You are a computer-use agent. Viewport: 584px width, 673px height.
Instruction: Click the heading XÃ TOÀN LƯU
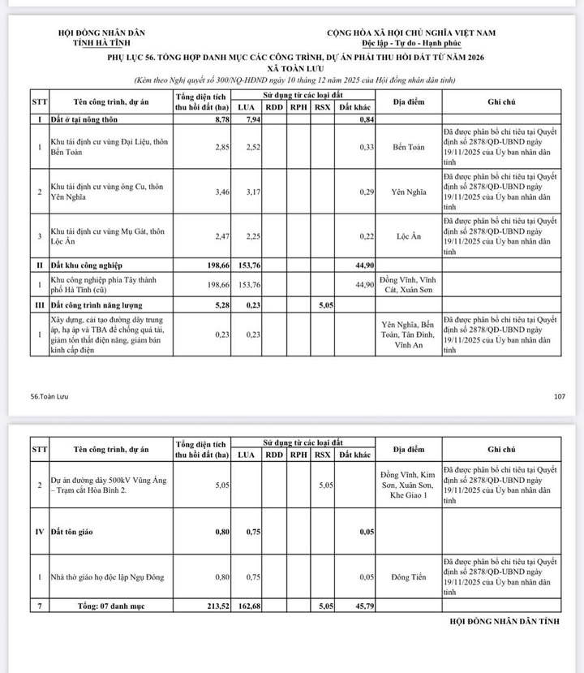293,71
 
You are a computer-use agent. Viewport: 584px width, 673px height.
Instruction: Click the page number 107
559,397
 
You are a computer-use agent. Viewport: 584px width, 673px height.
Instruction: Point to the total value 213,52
219,605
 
